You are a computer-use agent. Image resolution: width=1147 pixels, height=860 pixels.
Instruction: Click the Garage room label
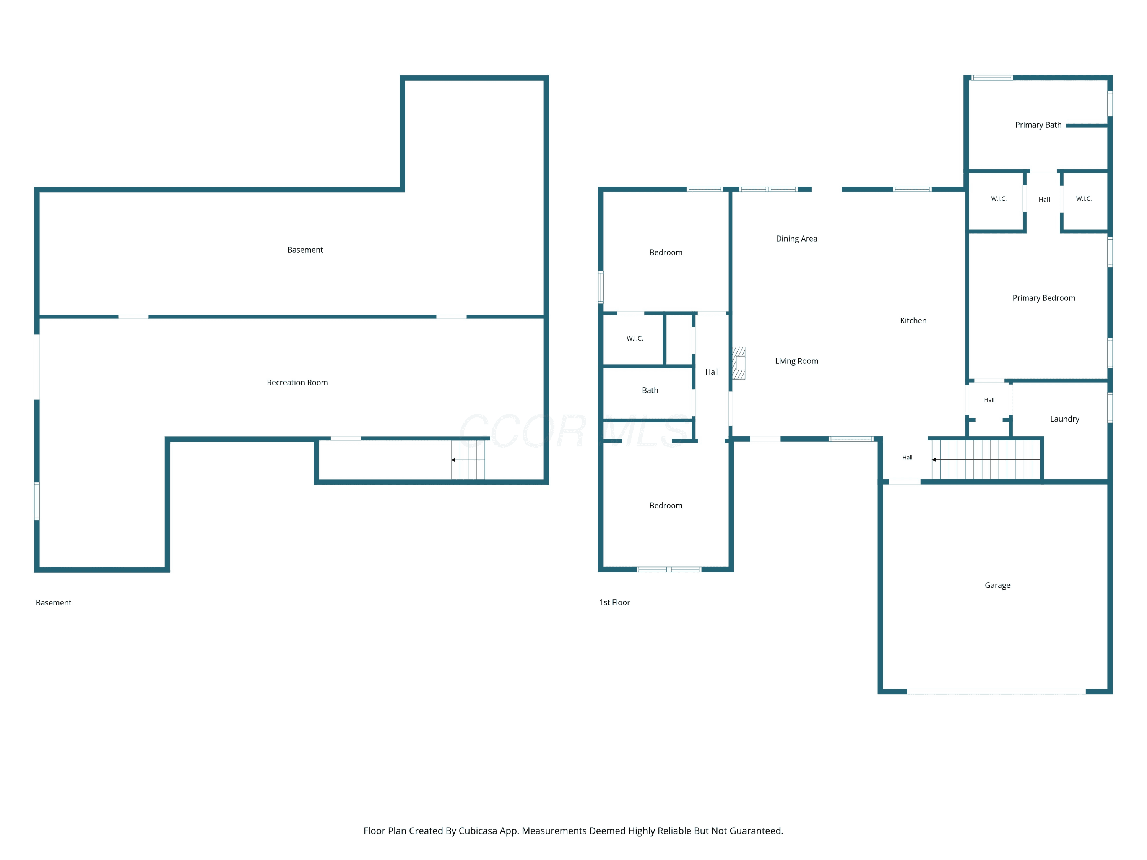coord(997,585)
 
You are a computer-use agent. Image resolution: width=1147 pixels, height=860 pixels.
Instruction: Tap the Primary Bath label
coord(1038,125)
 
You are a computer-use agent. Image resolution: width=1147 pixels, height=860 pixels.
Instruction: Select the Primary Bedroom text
coord(1044,298)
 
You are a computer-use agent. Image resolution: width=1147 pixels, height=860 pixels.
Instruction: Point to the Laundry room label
coord(1064,419)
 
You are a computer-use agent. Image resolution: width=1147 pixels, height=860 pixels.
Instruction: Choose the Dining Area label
coord(796,239)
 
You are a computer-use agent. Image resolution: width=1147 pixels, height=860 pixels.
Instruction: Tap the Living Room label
coord(796,361)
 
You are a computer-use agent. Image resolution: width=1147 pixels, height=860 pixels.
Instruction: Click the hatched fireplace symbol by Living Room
coord(738,363)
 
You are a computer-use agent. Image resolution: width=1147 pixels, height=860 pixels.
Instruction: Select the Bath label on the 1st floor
coord(650,390)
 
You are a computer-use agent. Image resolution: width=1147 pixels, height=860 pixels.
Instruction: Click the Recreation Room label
coord(297,383)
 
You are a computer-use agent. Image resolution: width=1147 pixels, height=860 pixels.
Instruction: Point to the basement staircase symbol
coord(468,460)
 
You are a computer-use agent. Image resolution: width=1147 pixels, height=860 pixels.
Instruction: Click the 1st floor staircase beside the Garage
coord(986,460)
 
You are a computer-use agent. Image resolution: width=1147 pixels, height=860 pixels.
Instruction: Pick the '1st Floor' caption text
coord(614,602)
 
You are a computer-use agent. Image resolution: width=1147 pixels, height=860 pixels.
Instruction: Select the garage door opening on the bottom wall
coord(996,691)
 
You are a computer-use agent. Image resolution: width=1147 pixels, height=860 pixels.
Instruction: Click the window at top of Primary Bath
coord(991,78)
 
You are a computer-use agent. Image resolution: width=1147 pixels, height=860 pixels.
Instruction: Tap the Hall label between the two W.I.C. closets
coord(1044,200)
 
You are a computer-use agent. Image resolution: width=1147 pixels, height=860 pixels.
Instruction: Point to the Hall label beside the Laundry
coord(989,400)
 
